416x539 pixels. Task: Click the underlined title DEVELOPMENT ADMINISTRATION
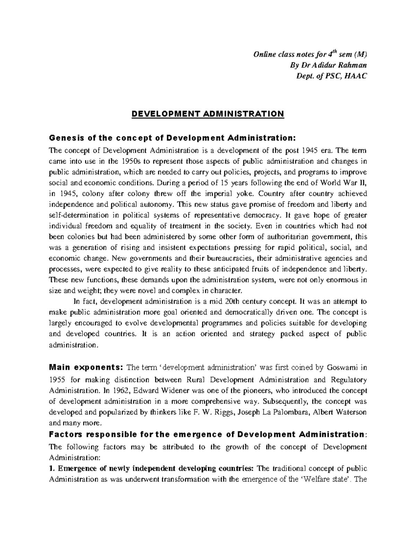(208, 114)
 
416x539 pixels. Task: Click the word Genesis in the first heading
(63, 138)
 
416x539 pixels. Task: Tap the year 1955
(57, 379)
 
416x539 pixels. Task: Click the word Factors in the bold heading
(66, 435)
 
